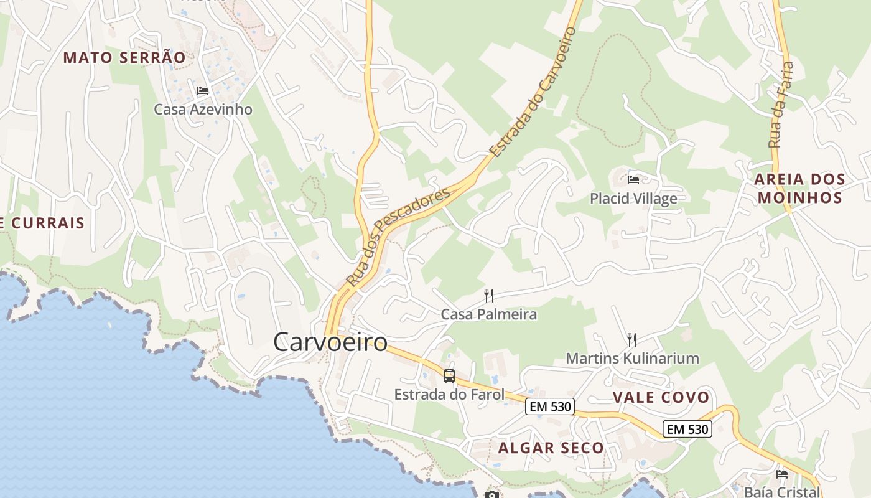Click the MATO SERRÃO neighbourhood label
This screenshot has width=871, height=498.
(124, 58)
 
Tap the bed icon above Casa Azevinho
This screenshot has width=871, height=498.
(203, 91)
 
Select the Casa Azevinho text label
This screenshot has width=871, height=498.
(203, 110)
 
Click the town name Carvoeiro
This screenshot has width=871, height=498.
(330, 342)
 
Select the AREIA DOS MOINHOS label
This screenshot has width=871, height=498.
(799, 189)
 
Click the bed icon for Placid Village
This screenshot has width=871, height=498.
(633, 180)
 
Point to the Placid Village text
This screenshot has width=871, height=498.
(633, 199)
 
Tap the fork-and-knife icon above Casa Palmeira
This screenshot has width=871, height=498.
(489, 295)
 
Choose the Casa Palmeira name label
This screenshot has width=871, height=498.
(488, 314)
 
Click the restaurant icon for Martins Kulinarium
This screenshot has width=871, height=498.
(632, 339)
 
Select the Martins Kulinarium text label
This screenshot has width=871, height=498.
(632, 359)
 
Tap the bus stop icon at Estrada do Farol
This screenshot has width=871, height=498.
(449, 376)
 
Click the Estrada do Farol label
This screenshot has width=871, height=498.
(449, 395)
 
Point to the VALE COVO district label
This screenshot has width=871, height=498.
(661, 398)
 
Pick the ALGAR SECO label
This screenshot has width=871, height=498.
(551, 448)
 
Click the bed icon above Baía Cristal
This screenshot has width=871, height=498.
(782, 474)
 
